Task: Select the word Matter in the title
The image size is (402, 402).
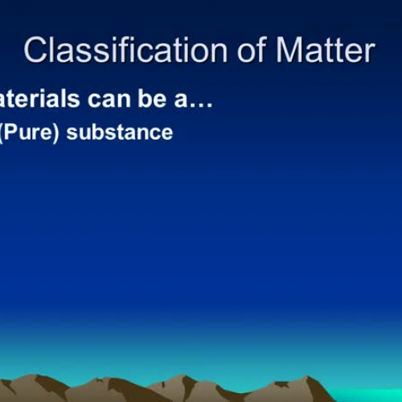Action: pyautogui.click(x=324, y=50)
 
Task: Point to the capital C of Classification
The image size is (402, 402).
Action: pyautogui.click(x=35, y=50)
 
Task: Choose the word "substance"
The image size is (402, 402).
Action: pyautogui.click(x=120, y=131)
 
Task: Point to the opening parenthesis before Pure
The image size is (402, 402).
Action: pyautogui.click(x=3, y=132)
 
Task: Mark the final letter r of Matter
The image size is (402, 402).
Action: pyautogui.click(x=368, y=51)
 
